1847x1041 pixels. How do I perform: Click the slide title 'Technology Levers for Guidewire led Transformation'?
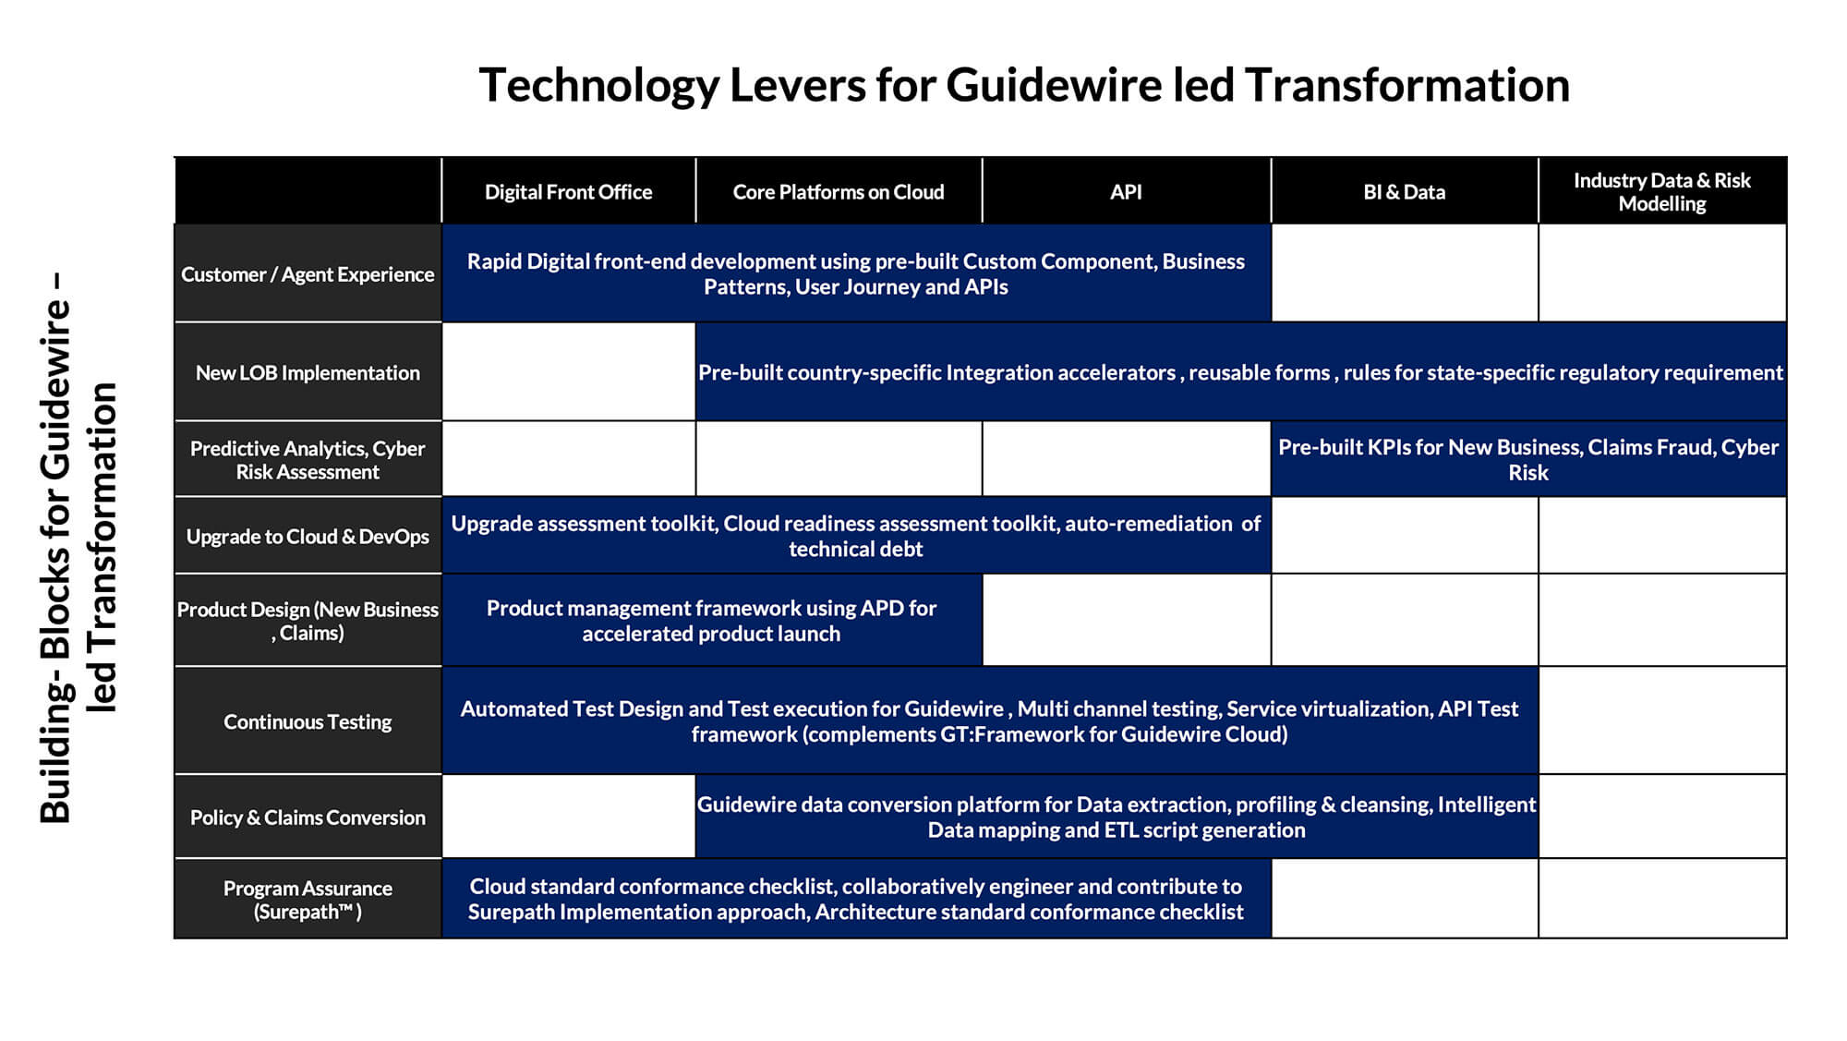point(1024,85)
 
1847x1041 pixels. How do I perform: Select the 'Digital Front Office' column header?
point(568,192)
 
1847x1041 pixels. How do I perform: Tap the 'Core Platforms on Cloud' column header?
point(839,192)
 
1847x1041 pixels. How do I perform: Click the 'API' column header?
point(1126,192)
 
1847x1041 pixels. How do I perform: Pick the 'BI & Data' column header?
point(1404,192)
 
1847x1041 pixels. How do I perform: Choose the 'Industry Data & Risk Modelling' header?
point(1662,192)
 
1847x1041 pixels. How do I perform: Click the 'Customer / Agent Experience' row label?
point(308,274)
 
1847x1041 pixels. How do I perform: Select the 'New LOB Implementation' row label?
point(308,372)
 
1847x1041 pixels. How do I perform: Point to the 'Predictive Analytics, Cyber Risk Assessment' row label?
point(308,460)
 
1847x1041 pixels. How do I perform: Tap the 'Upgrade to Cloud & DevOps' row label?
point(308,537)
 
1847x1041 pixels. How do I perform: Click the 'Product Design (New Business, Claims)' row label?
point(308,621)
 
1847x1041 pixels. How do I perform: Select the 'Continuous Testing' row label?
point(308,721)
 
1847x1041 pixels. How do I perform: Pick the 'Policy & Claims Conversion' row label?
point(308,817)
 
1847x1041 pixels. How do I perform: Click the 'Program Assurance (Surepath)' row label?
point(308,900)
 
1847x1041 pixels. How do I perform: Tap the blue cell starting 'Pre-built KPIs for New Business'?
point(1528,459)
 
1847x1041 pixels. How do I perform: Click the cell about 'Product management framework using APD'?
point(712,621)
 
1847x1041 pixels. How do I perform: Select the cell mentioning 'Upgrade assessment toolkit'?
point(856,536)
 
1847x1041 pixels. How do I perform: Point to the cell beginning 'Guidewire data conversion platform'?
point(1117,817)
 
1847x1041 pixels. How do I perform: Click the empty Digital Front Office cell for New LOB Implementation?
point(569,371)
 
